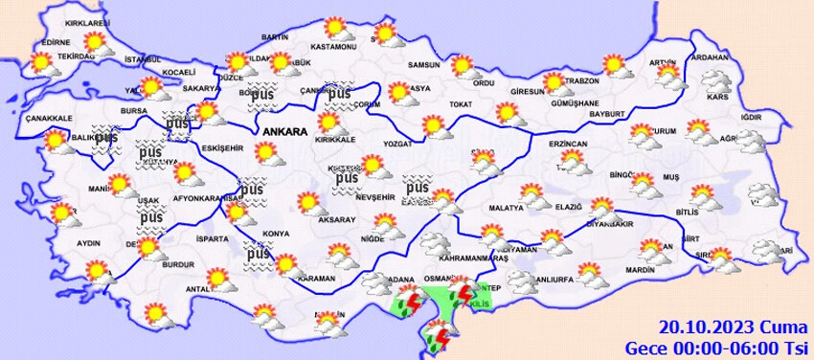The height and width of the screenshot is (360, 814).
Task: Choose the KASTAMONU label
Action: [333, 47]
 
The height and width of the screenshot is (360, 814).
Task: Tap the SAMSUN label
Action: [423, 65]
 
